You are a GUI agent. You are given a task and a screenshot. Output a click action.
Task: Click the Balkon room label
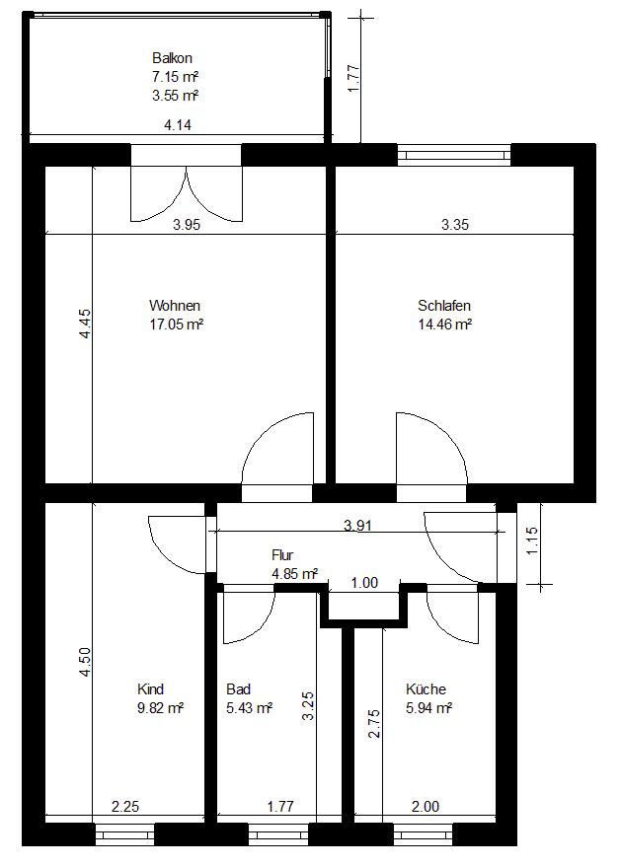pos(172,58)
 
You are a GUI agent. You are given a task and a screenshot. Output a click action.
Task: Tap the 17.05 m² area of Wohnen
pos(177,325)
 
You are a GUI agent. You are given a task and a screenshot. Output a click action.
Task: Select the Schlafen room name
pos(444,305)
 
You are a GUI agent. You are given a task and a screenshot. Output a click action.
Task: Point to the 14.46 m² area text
pos(445,325)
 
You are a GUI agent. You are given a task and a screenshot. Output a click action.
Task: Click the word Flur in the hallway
pos(282,555)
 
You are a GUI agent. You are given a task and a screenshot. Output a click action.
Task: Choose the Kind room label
pos(150,688)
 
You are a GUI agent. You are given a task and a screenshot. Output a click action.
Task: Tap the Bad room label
pos(239,688)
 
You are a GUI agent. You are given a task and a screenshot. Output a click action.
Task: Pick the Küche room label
pos(426,688)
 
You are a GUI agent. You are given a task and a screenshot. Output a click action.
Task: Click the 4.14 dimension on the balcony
pos(178,125)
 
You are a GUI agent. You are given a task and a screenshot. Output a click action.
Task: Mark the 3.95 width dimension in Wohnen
pos(187,225)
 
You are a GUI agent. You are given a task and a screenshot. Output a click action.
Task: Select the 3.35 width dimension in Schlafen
pos(455,225)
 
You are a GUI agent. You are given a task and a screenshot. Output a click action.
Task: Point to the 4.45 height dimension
pos(84,324)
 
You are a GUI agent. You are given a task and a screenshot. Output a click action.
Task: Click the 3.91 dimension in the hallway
pos(357,525)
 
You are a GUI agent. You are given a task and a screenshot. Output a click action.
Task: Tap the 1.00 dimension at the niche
pos(364,582)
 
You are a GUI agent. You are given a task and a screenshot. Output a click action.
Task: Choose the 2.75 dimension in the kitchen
pos(374,723)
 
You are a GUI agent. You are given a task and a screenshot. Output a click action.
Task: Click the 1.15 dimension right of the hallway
pos(531,542)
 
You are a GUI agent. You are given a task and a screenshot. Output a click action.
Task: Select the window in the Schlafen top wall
pos(454,155)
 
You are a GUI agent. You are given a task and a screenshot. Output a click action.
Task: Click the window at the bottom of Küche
pos(424,833)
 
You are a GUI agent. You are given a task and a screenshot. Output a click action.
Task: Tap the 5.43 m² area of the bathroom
pos(249,708)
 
